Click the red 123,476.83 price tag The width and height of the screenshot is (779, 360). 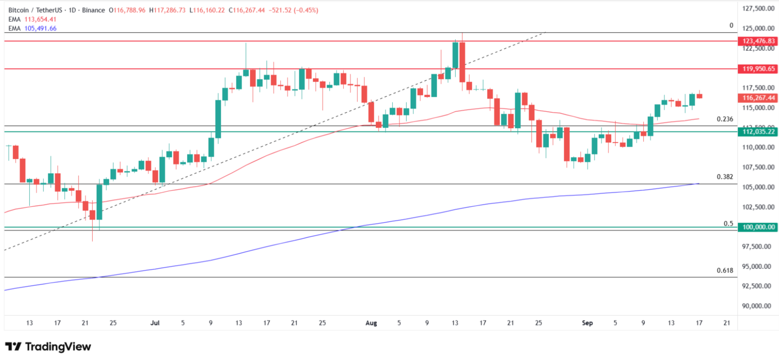pyautogui.click(x=758, y=41)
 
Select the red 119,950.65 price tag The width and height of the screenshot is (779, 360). pyautogui.click(x=758, y=69)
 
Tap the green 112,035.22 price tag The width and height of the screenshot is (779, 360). pyautogui.click(x=758, y=132)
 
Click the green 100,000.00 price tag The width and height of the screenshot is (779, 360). pyautogui.click(x=758, y=227)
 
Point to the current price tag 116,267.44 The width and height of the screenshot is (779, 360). pyautogui.click(x=758, y=98)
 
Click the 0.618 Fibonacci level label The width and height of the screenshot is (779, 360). pyautogui.click(x=725, y=270)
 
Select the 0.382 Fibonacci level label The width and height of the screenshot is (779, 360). pyautogui.click(x=725, y=177)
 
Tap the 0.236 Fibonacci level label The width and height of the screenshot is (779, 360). pyautogui.click(x=725, y=119)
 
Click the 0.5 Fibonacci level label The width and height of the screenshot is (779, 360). pyautogui.click(x=728, y=223)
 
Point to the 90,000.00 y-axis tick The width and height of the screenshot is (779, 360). pyautogui.click(x=757, y=306)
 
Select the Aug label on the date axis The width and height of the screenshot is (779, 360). pyautogui.click(x=371, y=323)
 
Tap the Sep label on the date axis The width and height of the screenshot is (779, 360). pyautogui.click(x=587, y=323)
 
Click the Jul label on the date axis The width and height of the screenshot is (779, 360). pyautogui.click(x=155, y=323)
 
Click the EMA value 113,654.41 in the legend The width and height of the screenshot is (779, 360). pyautogui.click(x=40, y=19)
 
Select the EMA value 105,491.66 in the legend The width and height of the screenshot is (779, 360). pyautogui.click(x=40, y=28)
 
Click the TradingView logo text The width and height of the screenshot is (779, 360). pyautogui.click(x=58, y=347)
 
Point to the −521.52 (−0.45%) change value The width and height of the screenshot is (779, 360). pyautogui.click(x=293, y=10)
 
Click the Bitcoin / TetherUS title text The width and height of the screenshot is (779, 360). pyautogui.click(x=35, y=10)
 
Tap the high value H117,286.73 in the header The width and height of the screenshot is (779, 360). pyautogui.click(x=167, y=10)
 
